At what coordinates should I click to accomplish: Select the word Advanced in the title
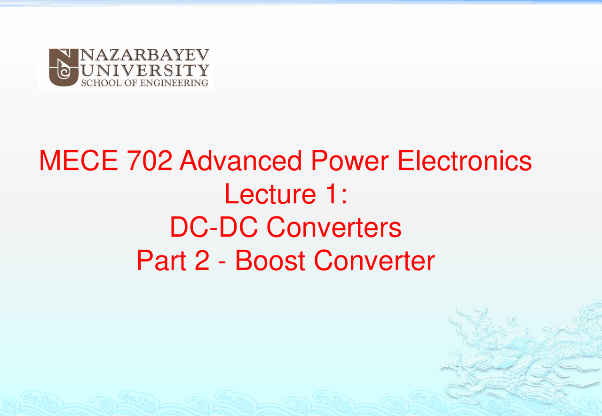pos(240,161)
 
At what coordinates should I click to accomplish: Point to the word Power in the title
pos(349,161)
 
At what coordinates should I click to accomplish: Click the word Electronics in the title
pos(465,161)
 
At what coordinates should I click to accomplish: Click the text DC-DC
pos(214,228)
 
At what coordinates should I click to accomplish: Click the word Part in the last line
pos(159,261)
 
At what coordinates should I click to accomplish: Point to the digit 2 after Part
pos(201,261)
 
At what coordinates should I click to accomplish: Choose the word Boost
pos(270,261)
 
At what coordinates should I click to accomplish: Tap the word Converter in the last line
pos(374,261)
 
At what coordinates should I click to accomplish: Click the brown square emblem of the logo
pos(63,68)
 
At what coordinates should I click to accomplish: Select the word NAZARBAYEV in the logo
pos(145,56)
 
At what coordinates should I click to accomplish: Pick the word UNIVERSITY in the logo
pos(145,70)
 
